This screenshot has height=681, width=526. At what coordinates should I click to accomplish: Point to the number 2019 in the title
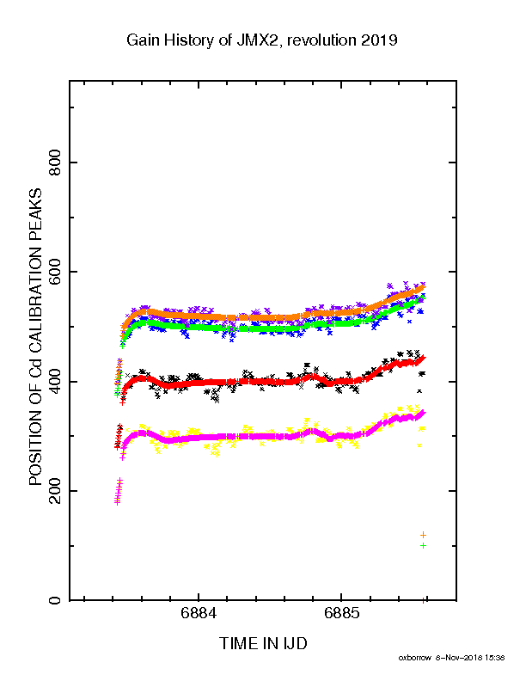pos(379,40)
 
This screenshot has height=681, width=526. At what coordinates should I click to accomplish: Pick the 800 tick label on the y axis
pos(55,163)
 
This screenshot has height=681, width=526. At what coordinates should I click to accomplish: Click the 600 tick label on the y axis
pos(55,272)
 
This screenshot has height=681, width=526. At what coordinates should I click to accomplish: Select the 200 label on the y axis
pos(55,491)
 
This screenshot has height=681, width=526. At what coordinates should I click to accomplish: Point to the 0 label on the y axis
pos(55,600)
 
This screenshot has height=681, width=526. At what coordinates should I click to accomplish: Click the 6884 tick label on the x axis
pos(199,614)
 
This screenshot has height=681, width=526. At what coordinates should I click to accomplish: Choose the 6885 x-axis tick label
pos(341,614)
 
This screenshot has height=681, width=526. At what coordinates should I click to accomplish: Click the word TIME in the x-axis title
pos(237,643)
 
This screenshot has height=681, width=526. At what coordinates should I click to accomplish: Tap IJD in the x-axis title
pos(296,643)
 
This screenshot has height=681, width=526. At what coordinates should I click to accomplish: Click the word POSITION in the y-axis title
pos(35,443)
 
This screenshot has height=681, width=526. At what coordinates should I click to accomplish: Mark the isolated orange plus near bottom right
pos(423,535)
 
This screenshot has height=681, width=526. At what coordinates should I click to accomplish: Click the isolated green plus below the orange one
pos(423,545)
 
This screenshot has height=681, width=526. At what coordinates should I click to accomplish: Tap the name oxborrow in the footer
pos(414,658)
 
